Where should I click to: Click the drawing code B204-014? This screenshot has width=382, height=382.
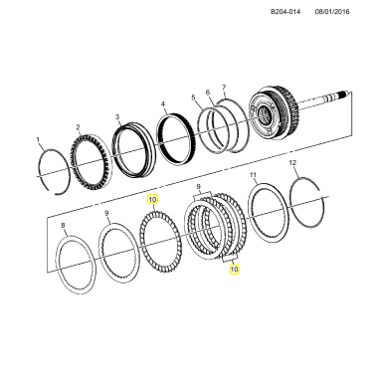286,12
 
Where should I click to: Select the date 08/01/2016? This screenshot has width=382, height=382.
332,12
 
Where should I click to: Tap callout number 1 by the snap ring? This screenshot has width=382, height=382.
38,139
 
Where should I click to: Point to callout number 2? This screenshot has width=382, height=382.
78,127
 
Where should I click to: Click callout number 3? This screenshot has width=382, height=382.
117,116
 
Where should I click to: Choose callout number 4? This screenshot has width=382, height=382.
163,104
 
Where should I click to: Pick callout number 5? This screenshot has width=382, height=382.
193,97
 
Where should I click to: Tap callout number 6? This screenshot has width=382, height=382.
208,92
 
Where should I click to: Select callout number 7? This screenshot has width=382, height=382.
224,88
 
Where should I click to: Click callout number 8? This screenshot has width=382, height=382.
64,226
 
